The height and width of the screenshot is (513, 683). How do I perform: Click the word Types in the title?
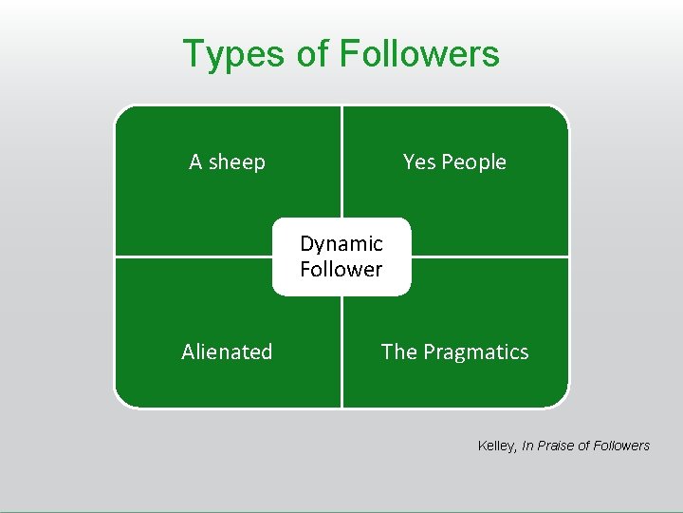pos(233,55)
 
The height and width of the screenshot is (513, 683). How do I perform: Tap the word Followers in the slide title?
pos(419,54)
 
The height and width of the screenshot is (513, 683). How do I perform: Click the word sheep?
pos(237,162)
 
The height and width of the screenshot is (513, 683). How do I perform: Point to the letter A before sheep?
pos(195,161)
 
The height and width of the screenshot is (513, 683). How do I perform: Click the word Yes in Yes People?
pos(418,161)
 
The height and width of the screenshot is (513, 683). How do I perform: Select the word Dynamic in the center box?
pos(341,244)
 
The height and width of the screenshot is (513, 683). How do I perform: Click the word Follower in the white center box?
pos(341,269)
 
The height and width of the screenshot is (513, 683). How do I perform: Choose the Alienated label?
pos(227,351)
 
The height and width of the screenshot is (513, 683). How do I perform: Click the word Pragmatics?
pos(475,352)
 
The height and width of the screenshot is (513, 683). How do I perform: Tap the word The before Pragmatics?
pos(398,351)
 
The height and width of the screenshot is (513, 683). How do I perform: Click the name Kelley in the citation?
pos(496,446)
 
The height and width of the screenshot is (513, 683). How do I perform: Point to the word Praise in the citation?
pos(558,446)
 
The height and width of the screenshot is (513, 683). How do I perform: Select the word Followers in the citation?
pos(620,446)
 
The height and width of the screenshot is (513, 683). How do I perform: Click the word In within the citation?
pos(527,446)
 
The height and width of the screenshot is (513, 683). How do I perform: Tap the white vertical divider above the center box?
pos(341,161)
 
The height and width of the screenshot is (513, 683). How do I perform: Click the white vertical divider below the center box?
pos(341,351)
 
